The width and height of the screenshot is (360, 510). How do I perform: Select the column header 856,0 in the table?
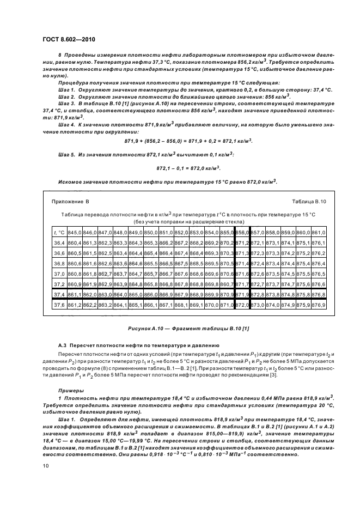pos(242,232)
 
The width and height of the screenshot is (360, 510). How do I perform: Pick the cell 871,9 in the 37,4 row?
pos(242,294)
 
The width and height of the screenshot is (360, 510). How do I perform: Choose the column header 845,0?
pos(74,232)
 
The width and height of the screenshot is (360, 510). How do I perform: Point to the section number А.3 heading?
pos(63,345)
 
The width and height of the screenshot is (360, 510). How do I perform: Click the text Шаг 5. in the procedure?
pos(68,155)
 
